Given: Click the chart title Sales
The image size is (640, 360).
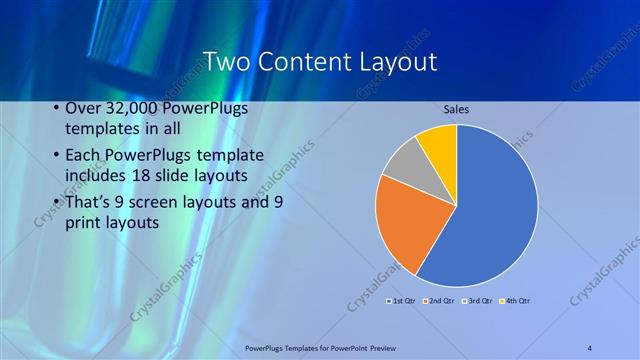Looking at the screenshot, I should (456, 109).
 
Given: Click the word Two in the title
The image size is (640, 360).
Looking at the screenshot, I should (226, 62).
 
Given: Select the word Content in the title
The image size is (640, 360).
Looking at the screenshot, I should (307, 62).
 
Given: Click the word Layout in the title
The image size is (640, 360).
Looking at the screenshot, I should (401, 62).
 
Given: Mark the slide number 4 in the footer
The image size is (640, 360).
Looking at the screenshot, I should (590, 347).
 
